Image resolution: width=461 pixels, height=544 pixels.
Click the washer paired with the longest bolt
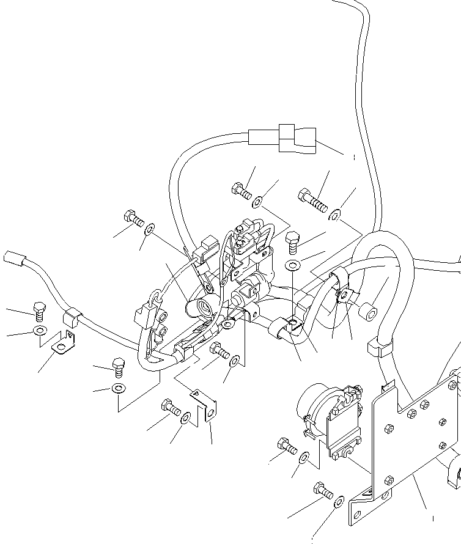pos(335,215)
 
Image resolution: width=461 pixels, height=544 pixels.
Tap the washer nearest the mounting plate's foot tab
pos(339,502)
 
